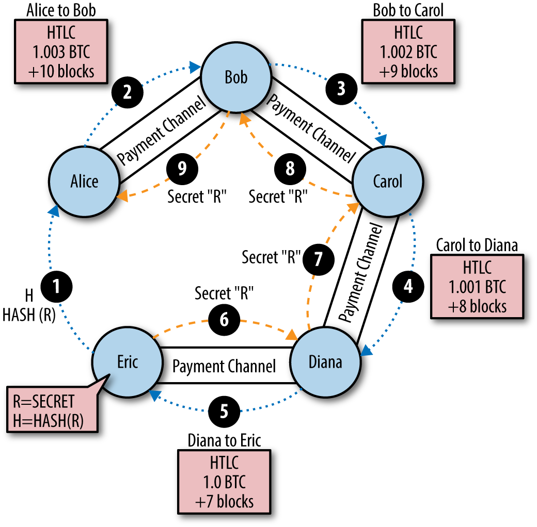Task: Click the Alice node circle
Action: (x=84, y=181)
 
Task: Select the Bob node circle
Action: (x=236, y=77)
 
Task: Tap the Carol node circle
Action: (x=387, y=181)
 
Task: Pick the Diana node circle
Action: (x=325, y=361)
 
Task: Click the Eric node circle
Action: (x=128, y=361)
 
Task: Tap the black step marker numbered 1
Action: (x=57, y=285)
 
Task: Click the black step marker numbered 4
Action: (x=408, y=285)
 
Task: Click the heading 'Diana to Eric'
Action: (x=224, y=440)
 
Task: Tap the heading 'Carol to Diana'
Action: (x=477, y=245)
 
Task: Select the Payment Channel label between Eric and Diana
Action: (x=224, y=366)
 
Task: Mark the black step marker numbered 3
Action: (x=340, y=89)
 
